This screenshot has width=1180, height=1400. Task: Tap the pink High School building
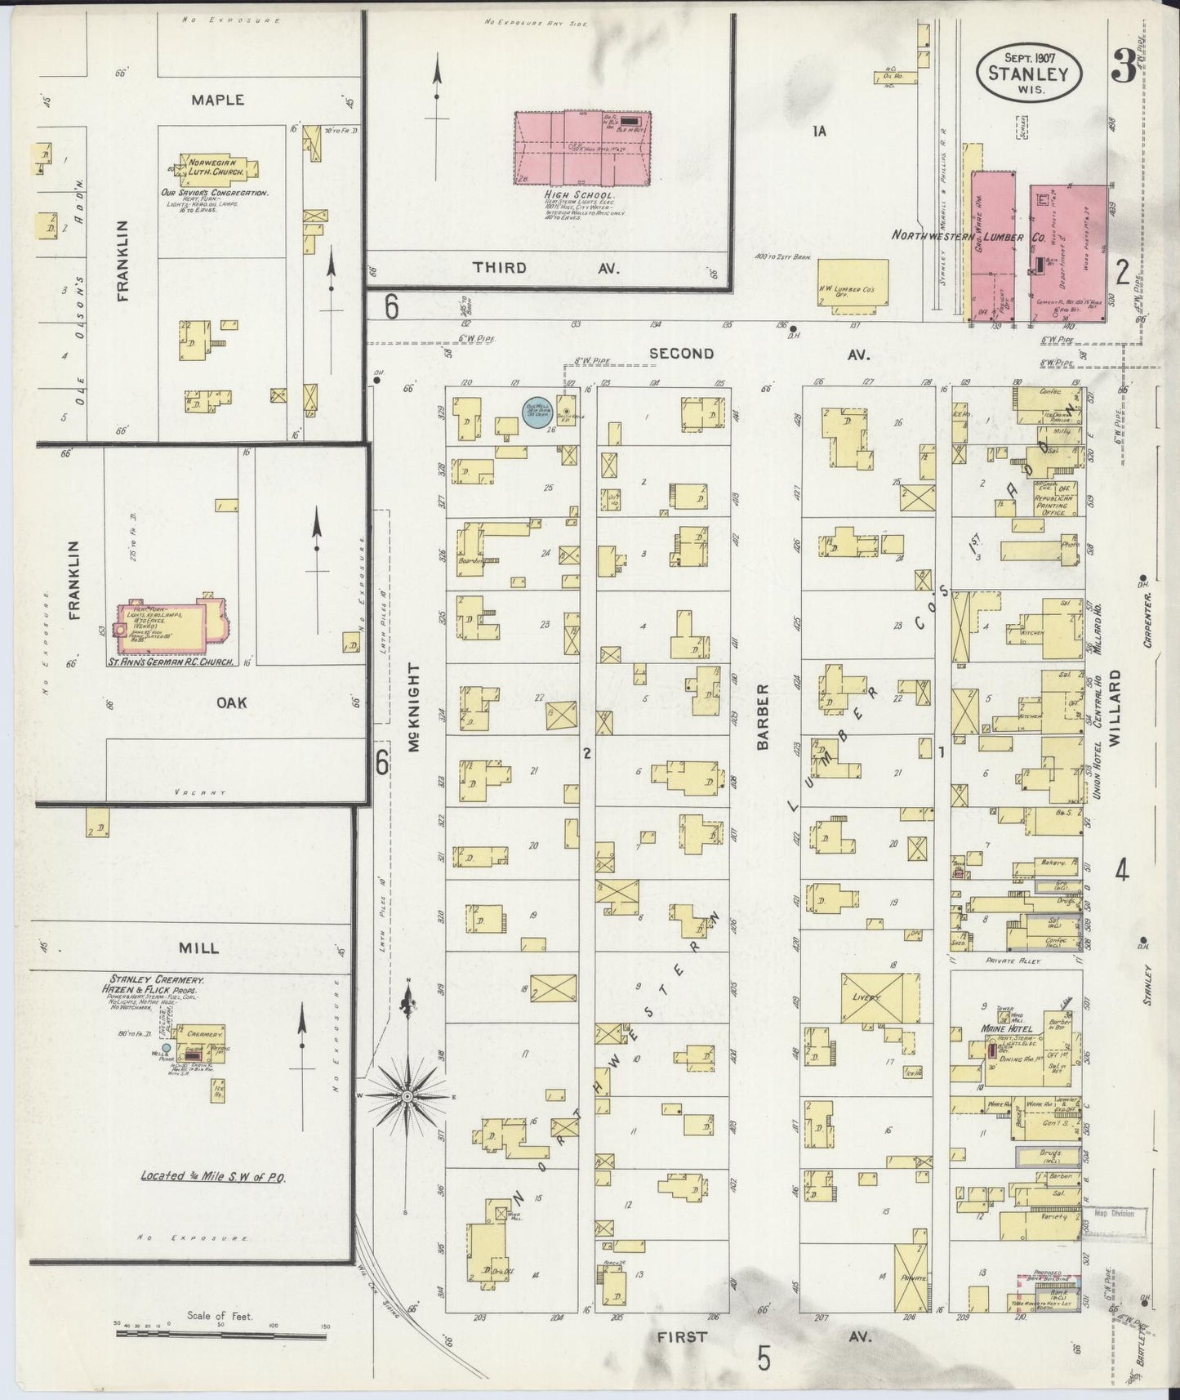pyautogui.click(x=581, y=149)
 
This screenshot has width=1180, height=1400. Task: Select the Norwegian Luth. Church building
pyautogui.click(x=216, y=167)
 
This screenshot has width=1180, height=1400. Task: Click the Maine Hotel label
pyautogui.click(x=1007, y=1030)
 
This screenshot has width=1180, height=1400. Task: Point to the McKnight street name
pyautogui.click(x=413, y=707)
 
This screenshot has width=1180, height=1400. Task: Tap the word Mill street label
pyautogui.click(x=199, y=948)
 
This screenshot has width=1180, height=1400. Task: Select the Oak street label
pyautogui.click(x=233, y=702)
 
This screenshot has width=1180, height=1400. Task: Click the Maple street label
pyautogui.click(x=218, y=100)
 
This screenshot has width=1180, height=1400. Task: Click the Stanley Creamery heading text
pyautogui.click(x=157, y=979)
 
